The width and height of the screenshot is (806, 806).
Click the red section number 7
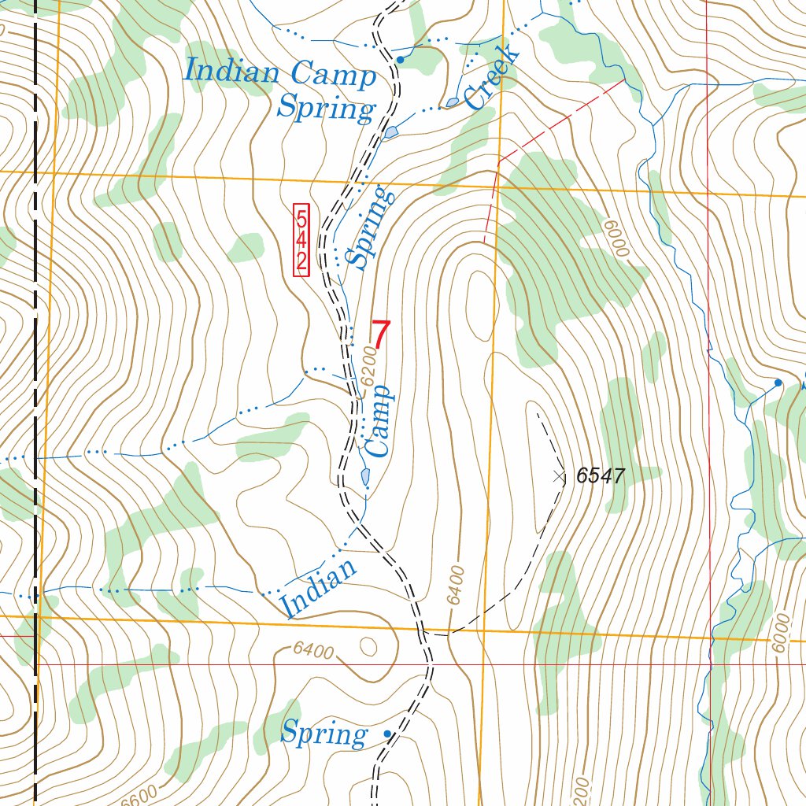pos(380,335)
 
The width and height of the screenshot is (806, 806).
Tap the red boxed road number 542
pos(301,240)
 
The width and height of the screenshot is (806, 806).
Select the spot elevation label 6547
pos(600,475)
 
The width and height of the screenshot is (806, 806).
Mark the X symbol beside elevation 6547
pos(560,476)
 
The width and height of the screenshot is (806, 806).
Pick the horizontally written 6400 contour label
pos(312,651)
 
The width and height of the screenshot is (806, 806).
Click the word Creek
pos(493,77)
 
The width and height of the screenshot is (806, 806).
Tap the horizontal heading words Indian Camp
pos(279,73)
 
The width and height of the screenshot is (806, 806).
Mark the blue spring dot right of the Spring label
pos(386,734)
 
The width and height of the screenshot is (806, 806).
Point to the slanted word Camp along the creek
pos(378,421)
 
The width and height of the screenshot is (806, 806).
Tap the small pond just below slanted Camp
pos(365,476)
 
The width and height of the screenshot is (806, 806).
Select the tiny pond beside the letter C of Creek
pos(452,102)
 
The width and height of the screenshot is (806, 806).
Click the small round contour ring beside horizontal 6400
pos(368,646)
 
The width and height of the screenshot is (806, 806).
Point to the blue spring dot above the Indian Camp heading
pos(400,59)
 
